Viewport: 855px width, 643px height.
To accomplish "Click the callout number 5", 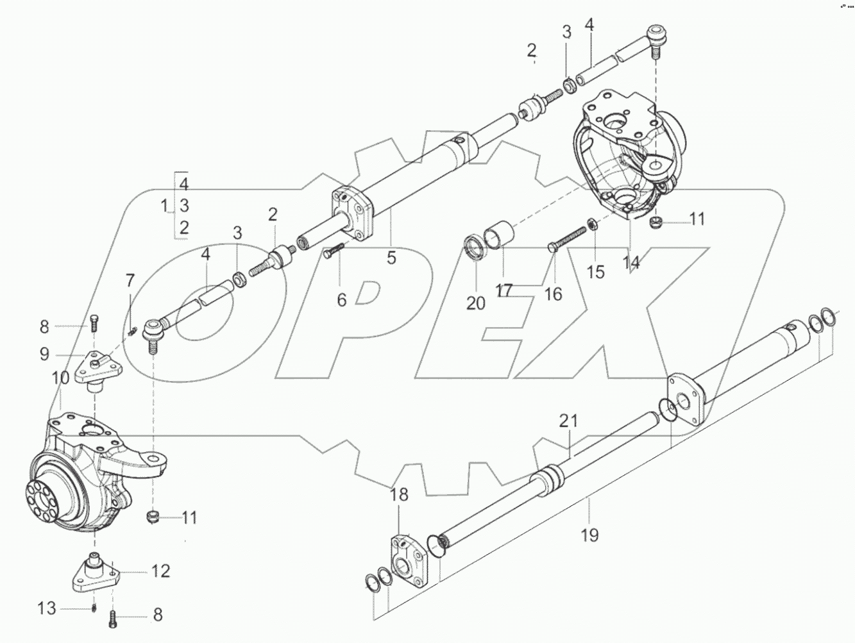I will click(391, 258).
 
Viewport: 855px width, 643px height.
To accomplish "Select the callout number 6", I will click(341, 299).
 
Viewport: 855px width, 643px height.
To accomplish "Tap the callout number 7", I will click(130, 280).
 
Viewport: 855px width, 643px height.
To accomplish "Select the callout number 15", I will click(596, 272).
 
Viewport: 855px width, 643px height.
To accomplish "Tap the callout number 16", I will click(553, 294).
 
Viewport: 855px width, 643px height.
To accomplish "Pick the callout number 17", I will click(504, 290).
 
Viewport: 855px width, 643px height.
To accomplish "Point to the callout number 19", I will click(589, 534).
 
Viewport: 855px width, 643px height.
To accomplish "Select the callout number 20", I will click(476, 303).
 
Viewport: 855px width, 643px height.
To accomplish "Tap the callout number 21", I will click(568, 422).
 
